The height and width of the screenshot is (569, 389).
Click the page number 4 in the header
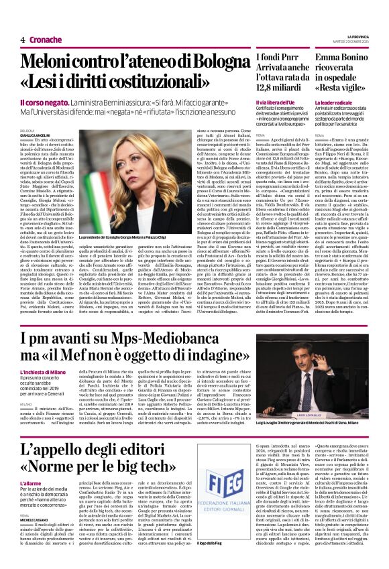[x=23, y=40]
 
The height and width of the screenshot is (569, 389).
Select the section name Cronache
[x=45, y=40]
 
